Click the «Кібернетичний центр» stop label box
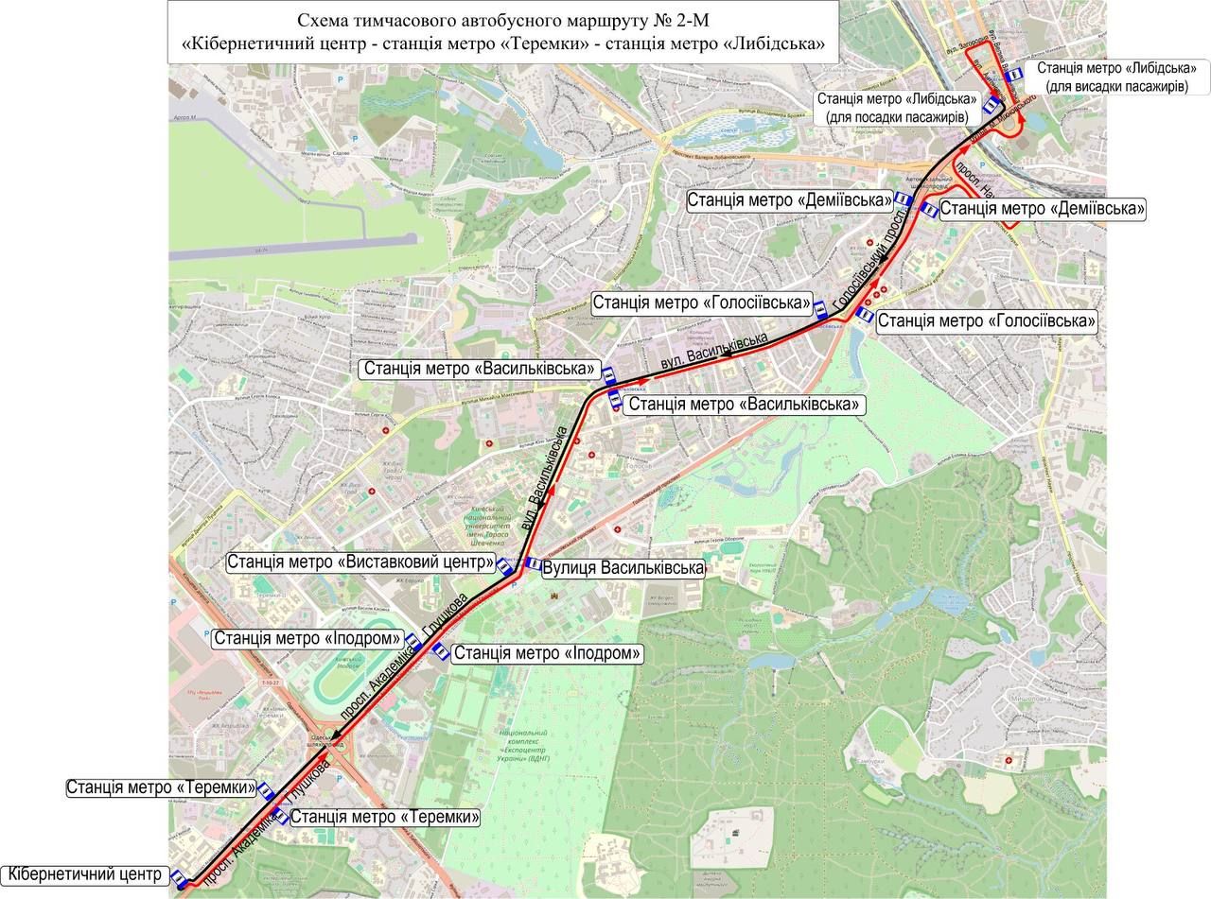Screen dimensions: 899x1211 coord(85,874)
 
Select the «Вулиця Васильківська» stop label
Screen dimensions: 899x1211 coord(623,568)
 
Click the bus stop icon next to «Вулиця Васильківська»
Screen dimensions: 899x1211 coord(531,564)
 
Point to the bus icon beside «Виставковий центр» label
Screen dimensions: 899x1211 coord(506,567)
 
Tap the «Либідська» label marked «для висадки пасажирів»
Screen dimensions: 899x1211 coord(1116,78)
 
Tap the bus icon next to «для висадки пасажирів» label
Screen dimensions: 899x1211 coord(1014,73)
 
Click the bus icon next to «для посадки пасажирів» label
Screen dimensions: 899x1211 coord(991,105)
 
